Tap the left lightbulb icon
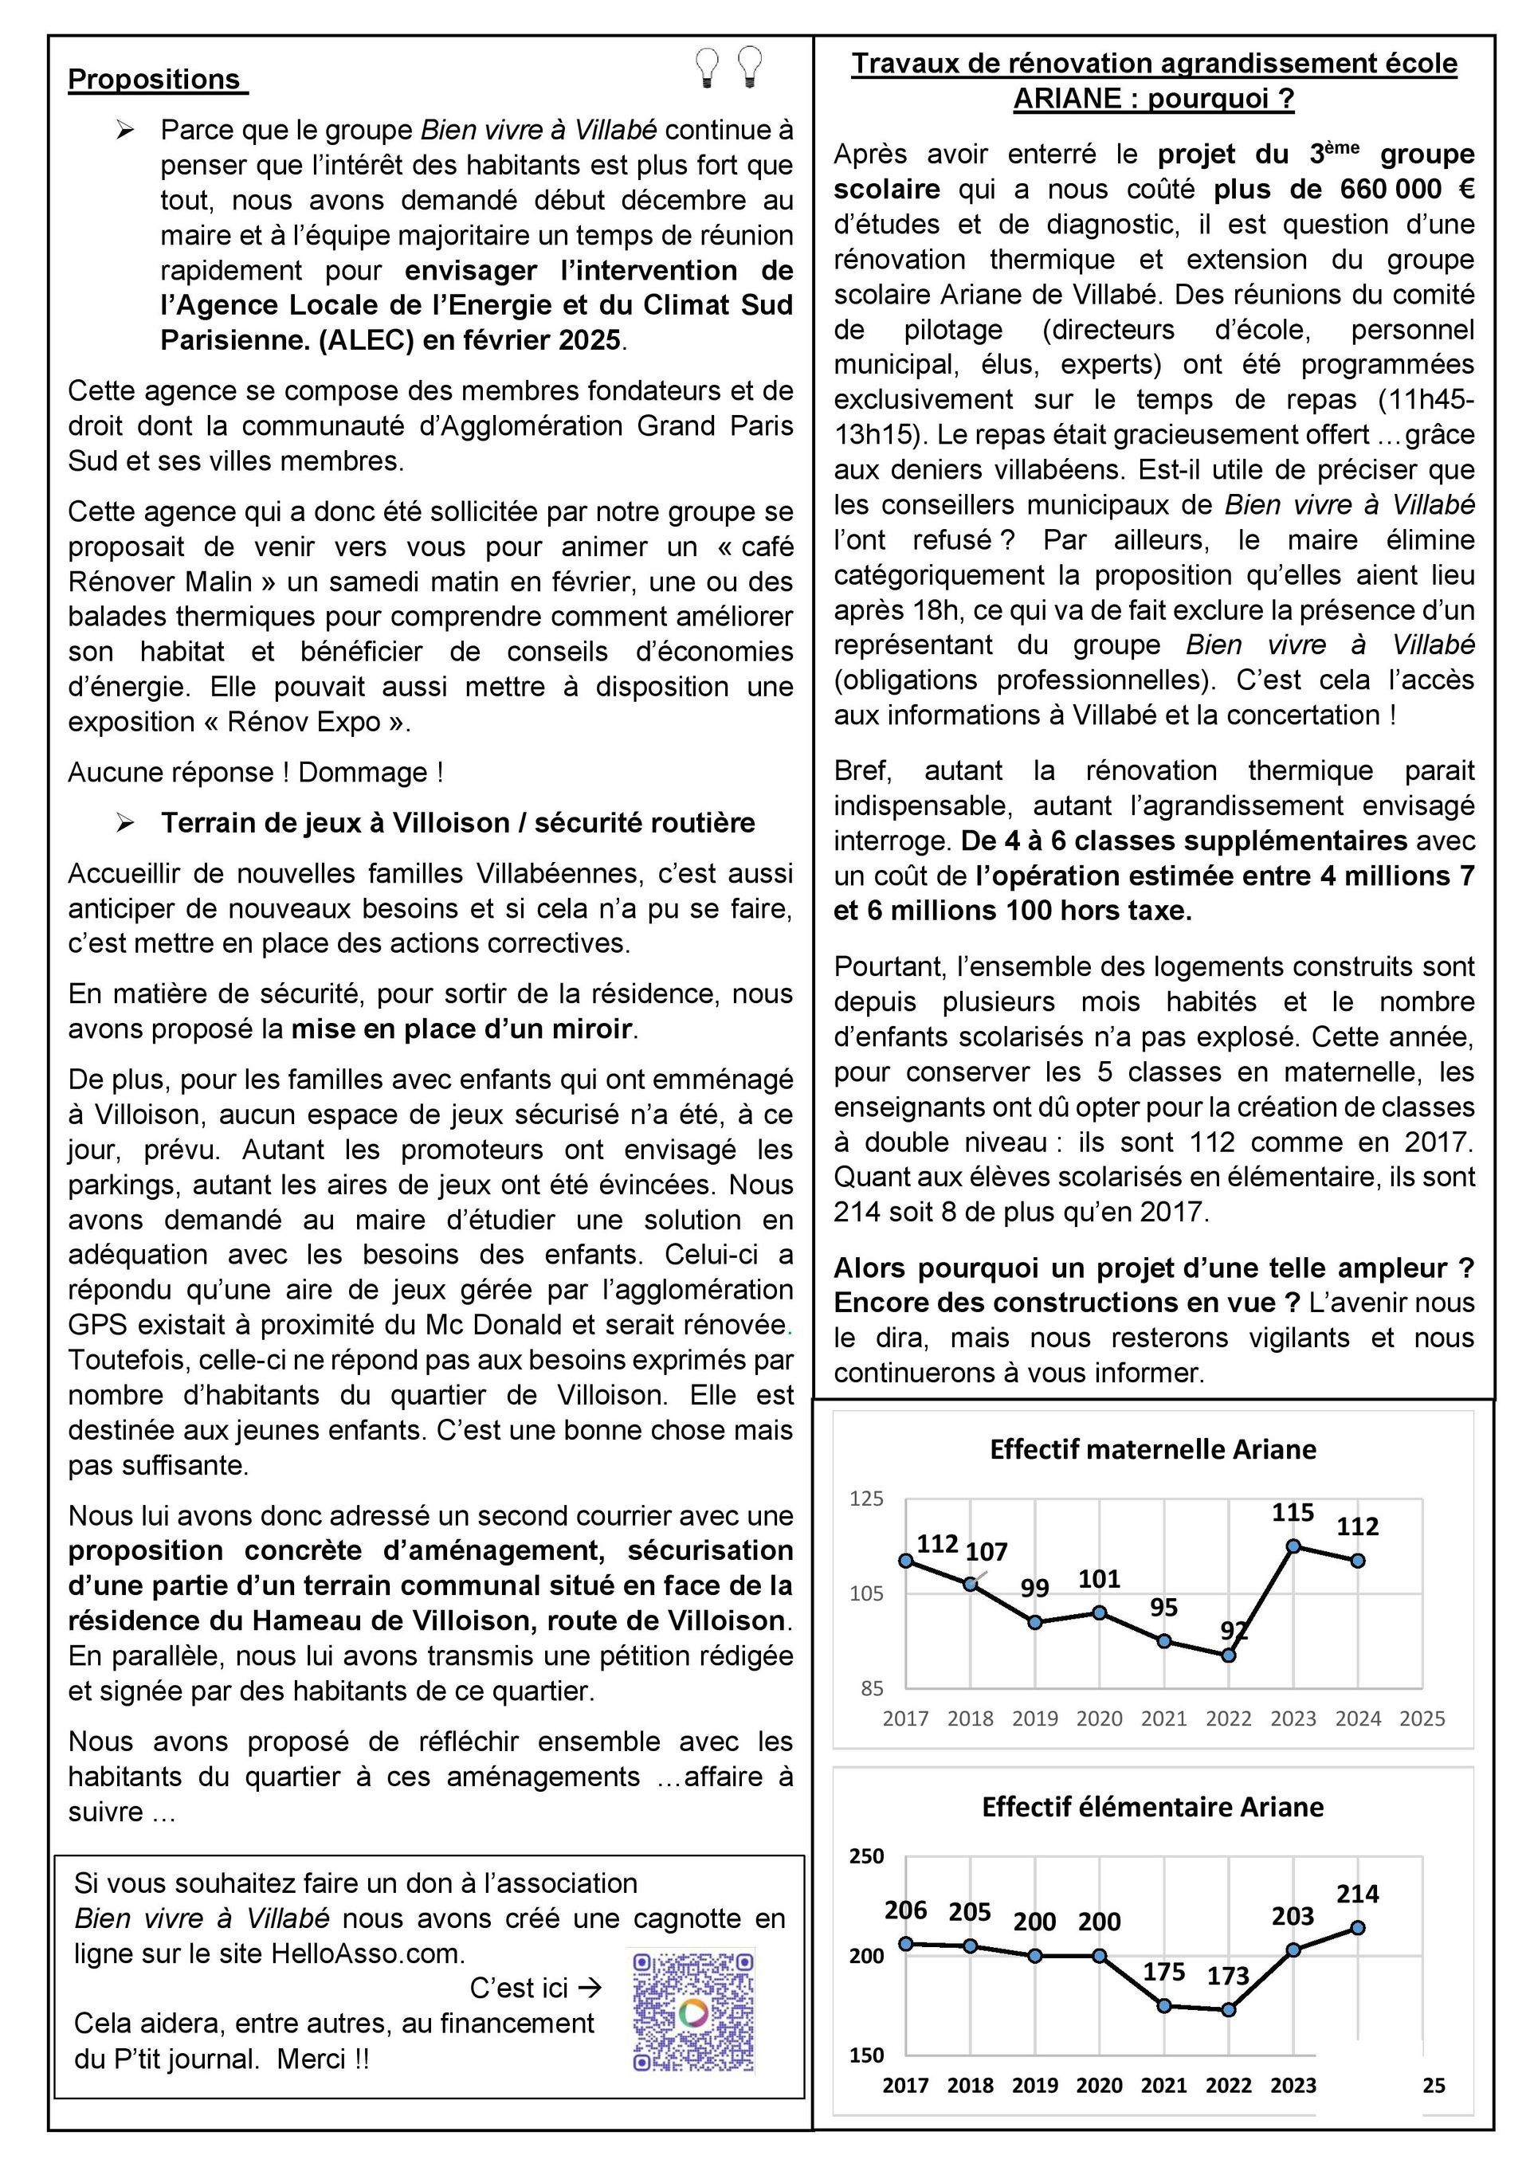pyautogui.click(x=707, y=67)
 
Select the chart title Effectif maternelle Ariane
pyautogui.click(x=1152, y=1449)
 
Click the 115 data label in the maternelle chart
pyautogui.click(x=1293, y=1513)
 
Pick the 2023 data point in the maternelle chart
pyautogui.click(x=1293, y=1546)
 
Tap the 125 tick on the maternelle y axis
pyautogui.click(x=867, y=1499)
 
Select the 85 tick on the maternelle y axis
pyautogui.click(x=872, y=1689)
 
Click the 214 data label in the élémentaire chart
pyautogui.click(x=1358, y=1894)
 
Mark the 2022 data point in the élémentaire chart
pyautogui.click(x=1229, y=2009)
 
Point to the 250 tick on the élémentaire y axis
pyautogui.click(x=867, y=1857)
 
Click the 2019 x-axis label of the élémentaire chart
pyautogui.click(x=1034, y=2086)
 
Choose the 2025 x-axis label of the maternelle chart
pyautogui.click(x=1422, y=1718)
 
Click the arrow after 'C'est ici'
pyautogui.click(x=590, y=1988)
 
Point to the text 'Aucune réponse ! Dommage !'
pyautogui.click(x=255, y=773)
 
